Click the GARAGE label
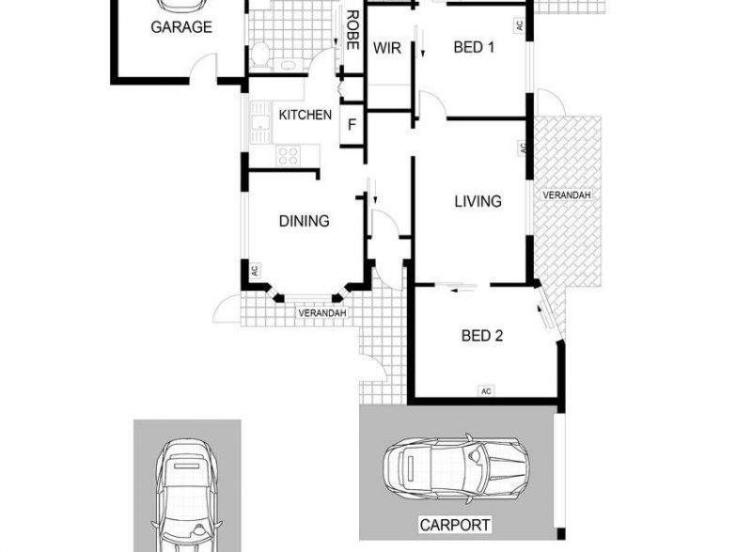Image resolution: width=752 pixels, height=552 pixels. click(x=181, y=27)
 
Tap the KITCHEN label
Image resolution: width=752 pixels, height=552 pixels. click(x=305, y=115)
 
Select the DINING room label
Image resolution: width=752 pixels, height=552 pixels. click(x=304, y=221)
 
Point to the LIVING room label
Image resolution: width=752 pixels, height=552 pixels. click(x=478, y=201)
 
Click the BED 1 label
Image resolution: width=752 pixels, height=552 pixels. click(x=474, y=47)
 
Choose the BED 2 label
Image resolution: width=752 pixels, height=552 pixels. click(x=482, y=335)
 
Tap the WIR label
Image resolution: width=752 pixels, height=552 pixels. click(x=387, y=48)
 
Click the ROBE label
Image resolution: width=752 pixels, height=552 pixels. click(x=352, y=30)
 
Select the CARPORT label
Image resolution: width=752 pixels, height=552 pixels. click(x=455, y=525)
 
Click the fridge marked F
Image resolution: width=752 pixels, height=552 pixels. click(x=352, y=125)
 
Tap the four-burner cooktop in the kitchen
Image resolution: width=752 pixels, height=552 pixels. click(x=289, y=156)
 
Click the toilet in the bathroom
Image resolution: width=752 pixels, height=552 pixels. click(x=259, y=54)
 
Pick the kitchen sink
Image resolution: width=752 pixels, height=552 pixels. click(x=260, y=122)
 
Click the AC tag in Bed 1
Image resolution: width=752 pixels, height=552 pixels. click(x=519, y=25)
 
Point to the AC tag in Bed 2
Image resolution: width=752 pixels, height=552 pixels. click(x=486, y=391)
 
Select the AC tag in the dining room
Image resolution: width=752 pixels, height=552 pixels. click(x=255, y=271)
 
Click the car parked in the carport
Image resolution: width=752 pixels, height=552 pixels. click(x=457, y=468)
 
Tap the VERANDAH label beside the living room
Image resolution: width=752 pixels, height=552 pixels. click(x=567, y=195)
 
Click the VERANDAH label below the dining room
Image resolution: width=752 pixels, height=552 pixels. click(x=322, y=313)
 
